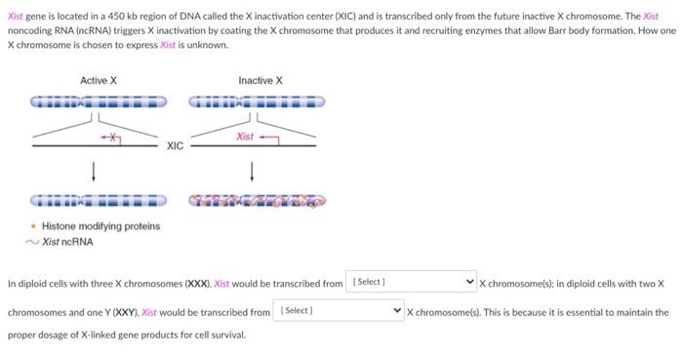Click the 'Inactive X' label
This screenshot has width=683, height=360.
(260, 80)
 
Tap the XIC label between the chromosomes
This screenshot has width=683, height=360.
(175, 146)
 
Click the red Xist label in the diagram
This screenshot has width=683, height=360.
(245, 137)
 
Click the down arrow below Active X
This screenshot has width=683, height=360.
(94, 172)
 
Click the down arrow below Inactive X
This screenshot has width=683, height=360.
(254, 172)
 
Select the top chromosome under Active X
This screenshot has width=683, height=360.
(98, 101)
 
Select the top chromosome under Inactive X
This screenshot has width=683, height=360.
(257, 101)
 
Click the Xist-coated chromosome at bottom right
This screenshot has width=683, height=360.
(257, 202)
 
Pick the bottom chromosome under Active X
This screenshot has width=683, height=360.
(98, 202)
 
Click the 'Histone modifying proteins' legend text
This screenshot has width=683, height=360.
(100, 226)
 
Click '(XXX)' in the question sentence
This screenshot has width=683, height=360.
(195, 284)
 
